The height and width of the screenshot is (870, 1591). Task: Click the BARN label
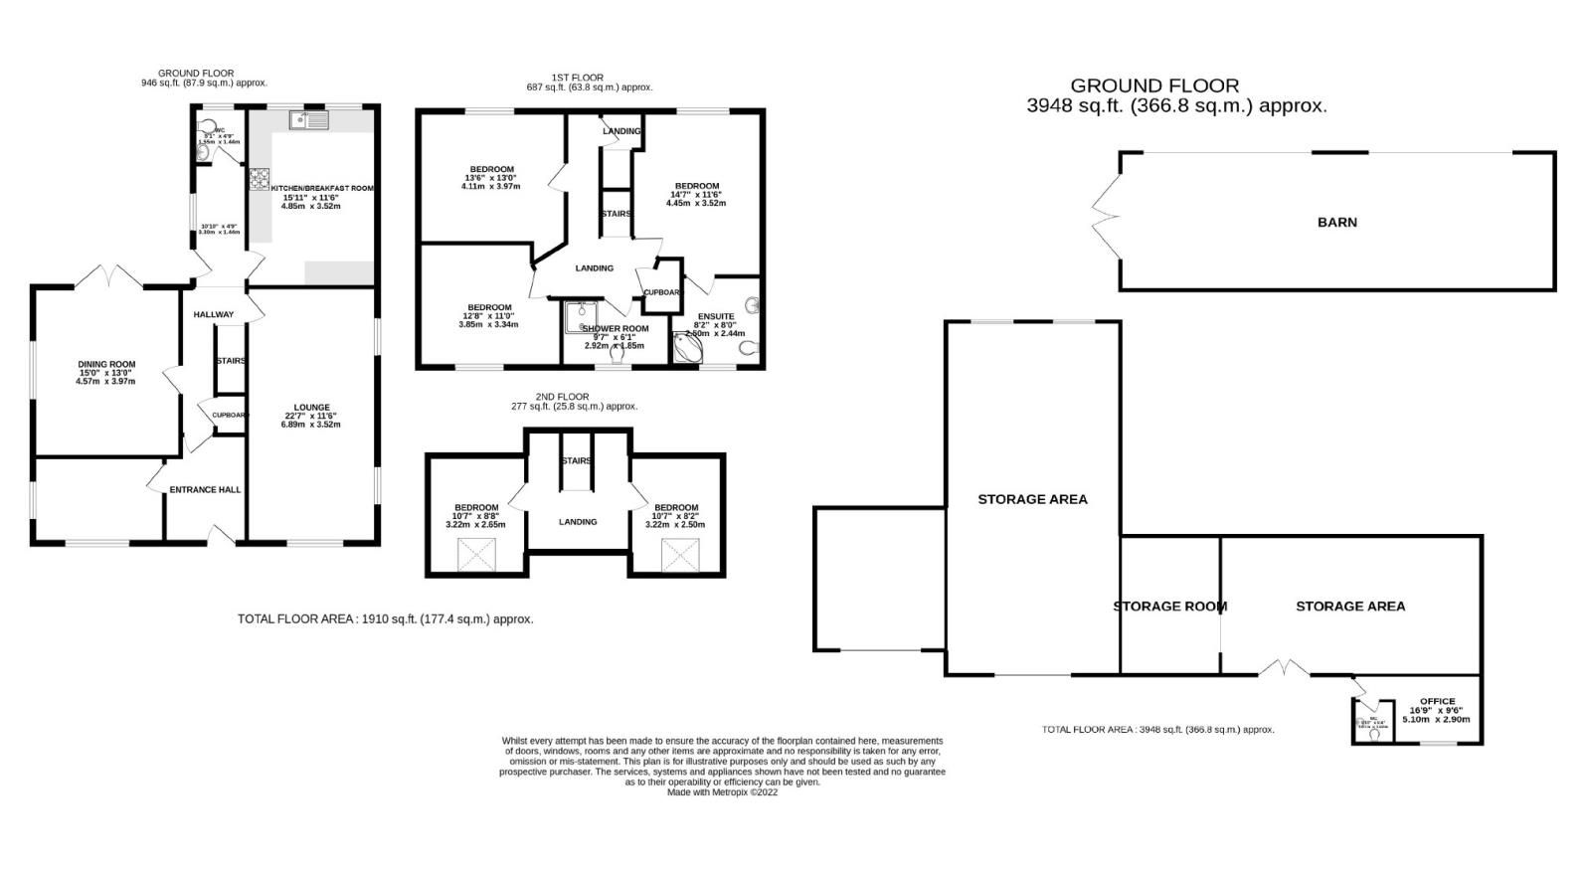1336,223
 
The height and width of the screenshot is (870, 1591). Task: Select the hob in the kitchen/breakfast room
260,180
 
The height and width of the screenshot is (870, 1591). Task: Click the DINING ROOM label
106,365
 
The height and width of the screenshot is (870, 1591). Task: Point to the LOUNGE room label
310,408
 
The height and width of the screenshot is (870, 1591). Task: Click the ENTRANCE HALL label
205,490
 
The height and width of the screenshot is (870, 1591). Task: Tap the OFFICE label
1438,702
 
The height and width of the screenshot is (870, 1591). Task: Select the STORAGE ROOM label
1169,607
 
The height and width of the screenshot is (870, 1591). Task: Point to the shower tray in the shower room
581,316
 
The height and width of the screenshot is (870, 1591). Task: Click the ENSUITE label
715,317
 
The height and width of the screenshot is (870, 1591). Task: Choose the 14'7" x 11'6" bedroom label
696,187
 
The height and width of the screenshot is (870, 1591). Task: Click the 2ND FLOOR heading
577,397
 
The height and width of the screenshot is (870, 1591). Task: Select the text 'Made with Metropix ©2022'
722,792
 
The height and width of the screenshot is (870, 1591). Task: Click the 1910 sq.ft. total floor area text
385,618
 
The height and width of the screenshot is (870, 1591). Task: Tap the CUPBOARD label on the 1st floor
662,292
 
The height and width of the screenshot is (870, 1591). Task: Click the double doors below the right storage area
1283,669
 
